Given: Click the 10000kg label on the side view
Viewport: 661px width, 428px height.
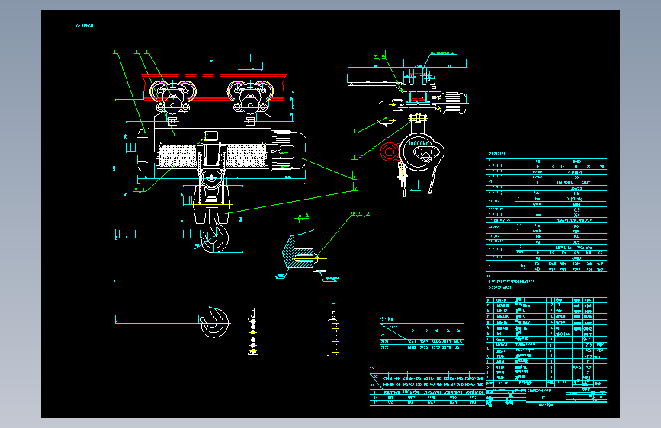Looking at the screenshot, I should (x=417, y=142).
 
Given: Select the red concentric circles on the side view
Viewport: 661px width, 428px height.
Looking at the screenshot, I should (x=390, y=150).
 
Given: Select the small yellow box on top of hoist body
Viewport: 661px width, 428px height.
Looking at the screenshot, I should (x=210, y=136).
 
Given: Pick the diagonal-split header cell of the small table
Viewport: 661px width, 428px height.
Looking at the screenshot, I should (x=392, y=331).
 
